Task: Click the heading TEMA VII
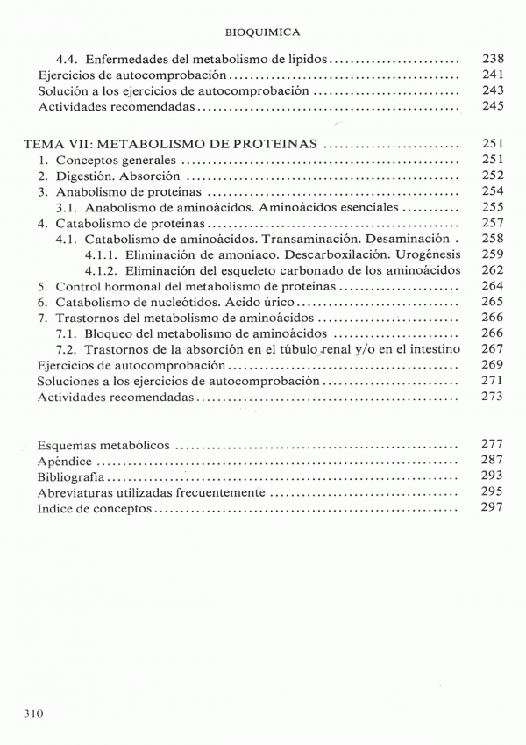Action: tap(62, 144)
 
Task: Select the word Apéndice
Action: tap(65, 461)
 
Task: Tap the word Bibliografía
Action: tap(72, 476)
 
